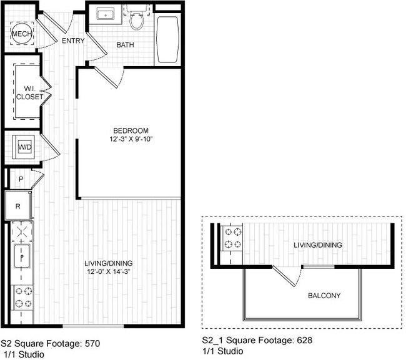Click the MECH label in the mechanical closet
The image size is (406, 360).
(x=22, y=34)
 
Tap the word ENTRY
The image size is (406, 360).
(x=73, y=41)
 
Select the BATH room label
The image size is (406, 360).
(x=125, y=45)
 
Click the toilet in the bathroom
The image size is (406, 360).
(x=136, y=19)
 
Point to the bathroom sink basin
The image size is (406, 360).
(x=106, y=14)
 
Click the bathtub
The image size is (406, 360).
(x=168, y=39)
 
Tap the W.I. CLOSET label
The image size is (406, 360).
(x=30, y=93)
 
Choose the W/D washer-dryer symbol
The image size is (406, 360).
(x=24, y=147)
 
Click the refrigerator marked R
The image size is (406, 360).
(x=18, y=206)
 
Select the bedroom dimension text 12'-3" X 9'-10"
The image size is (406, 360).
(x=131, y=139)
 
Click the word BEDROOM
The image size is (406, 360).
(x=131, y=130)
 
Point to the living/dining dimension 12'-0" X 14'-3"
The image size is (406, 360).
(x=108, y=271)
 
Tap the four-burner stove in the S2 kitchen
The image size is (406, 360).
(x=24, y=297)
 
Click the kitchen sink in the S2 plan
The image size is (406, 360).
(x=22, y=256)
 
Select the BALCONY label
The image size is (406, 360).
(x=324, y=295)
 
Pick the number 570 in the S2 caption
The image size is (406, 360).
(x=92, y=343)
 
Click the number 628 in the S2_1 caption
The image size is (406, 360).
(x=305, y=340)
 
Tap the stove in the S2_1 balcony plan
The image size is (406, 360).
(x=233, y=238)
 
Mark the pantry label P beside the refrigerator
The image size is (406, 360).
(x=21, y=178)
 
